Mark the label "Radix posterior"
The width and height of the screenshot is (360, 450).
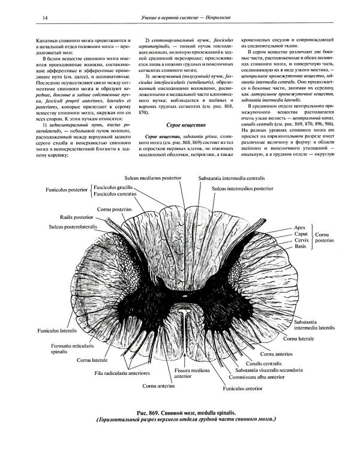click(77, 217)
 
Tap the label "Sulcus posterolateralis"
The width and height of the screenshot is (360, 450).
click(76, 227)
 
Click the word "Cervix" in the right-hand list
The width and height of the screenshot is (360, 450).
click(301, 240)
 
